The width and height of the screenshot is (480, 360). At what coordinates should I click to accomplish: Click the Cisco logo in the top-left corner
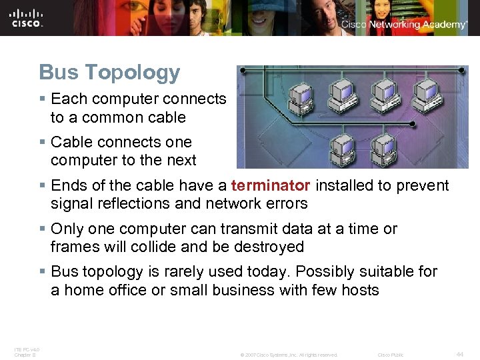(27, 17)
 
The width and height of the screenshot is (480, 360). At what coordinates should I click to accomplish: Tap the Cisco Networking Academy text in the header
(404, 25)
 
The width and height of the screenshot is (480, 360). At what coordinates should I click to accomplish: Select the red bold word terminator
(271, 185)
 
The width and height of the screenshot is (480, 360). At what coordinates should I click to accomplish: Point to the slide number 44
(460, 355)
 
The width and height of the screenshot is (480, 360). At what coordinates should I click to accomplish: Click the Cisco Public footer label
(391, 355)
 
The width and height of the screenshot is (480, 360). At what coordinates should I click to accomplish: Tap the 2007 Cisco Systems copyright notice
(289, 355)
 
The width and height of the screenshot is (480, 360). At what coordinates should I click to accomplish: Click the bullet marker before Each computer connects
(42, 99)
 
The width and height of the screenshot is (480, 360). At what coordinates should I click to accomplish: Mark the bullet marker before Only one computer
(42, 229)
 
